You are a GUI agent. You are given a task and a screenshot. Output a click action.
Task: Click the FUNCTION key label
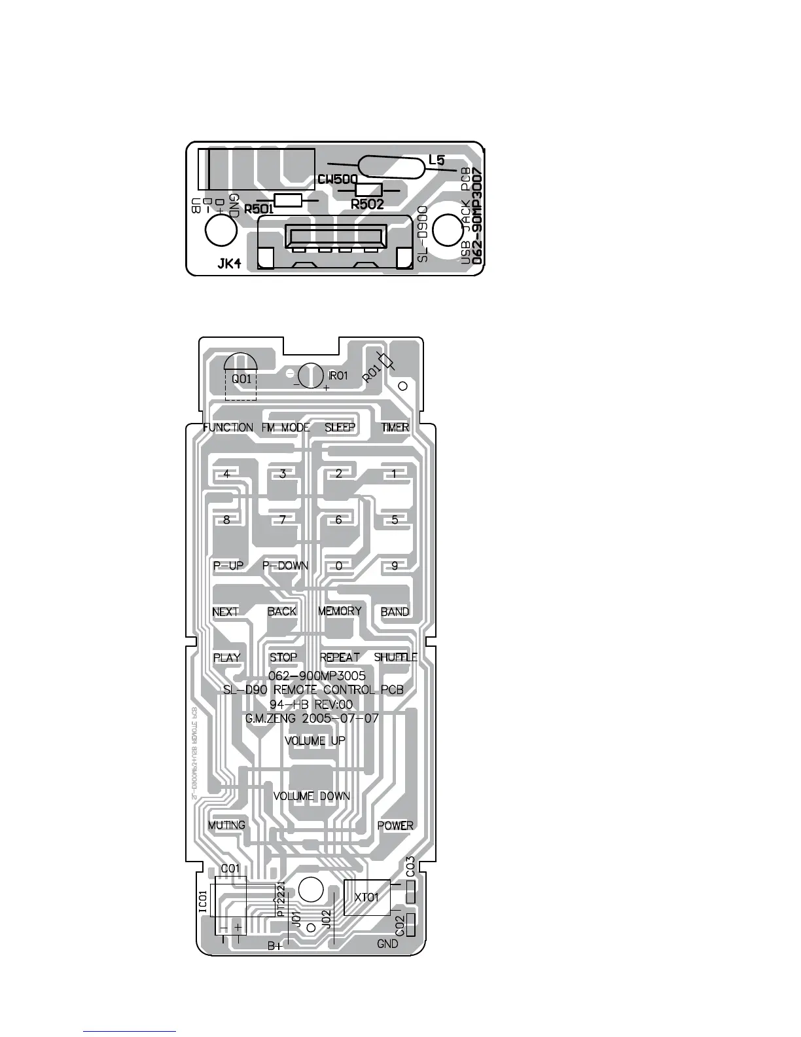pyautogui.click(x=228, y=428)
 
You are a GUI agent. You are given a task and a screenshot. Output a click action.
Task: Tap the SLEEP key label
pyautogui.click(x=340, y=428)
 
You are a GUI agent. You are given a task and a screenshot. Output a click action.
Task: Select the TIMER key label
pyautogui.click(x=395, y=428)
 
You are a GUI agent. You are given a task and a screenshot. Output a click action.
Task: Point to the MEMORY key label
pyautogui.click(x=340, y=611)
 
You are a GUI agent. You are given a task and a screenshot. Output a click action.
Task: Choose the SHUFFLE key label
pyautogui.click(x=395, y=657)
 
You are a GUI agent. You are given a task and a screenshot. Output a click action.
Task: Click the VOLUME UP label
pyautogui.click(x=315, y=740)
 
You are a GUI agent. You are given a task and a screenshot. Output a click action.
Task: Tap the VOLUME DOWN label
pyautogui.click(x=311, y=796)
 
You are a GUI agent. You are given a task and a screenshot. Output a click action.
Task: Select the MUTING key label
pyautogui.click(x=226, y=825)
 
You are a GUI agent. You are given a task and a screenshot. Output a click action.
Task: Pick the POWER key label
pyautogui.click(x=395, y=826)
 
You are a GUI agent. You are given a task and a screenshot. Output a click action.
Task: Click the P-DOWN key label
pyautogui.click(x=285, y=566)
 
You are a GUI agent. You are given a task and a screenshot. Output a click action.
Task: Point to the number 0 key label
pyautogui.click(x=339, y=566)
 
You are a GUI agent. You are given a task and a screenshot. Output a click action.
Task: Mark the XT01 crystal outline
pyautogui.click(x=367, y=897)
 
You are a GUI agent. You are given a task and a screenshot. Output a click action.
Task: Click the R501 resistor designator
pyautogui.click(x=258, y=210)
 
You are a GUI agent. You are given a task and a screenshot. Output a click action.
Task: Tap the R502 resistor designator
pyautogui.click(x=367, y=204)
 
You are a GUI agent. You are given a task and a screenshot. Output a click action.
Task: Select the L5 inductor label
pyautogui.click(x=436, y=160)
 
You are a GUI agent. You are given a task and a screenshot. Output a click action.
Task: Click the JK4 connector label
pyautogui.click(x=229, y=265)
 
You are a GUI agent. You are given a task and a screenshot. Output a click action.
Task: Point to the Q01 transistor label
pyautogui.click(x=241, y=379)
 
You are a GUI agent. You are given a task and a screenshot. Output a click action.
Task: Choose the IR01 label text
pyautogui.click(x=338, y=376)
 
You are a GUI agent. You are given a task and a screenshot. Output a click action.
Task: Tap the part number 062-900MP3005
pyautogui.click(x=317, y=676)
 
